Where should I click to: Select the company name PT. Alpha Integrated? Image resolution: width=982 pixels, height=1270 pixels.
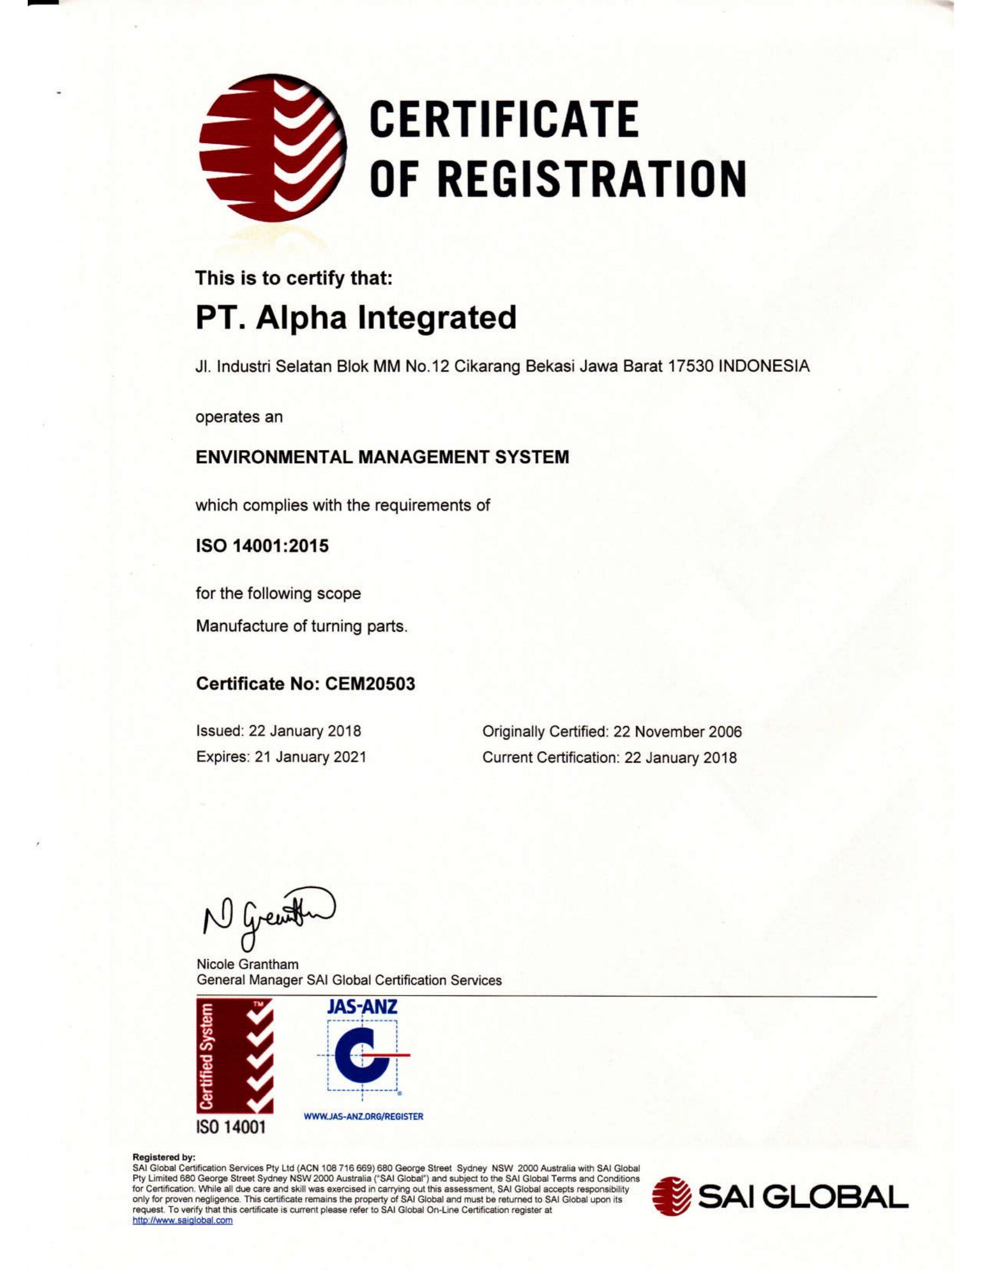[x=355, y=317]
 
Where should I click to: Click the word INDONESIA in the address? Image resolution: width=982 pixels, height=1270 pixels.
[x=764, y=367]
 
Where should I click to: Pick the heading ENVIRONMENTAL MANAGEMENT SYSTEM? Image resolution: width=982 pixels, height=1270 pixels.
[x=382, y=457]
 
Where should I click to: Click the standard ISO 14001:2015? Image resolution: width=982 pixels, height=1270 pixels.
[x=262, y=546]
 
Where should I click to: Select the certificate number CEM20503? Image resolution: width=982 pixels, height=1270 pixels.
[x=370, y=684]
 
